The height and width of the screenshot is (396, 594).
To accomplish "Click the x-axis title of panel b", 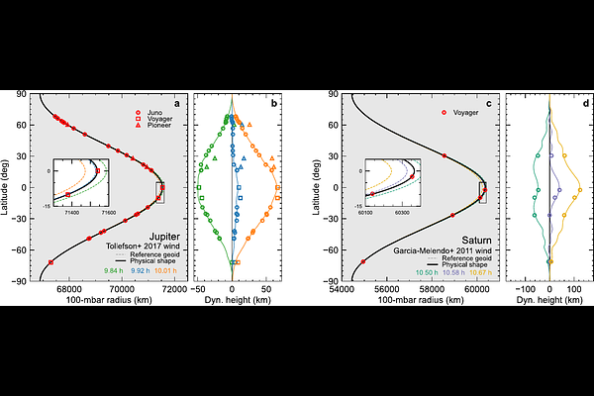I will pos(233,301).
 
